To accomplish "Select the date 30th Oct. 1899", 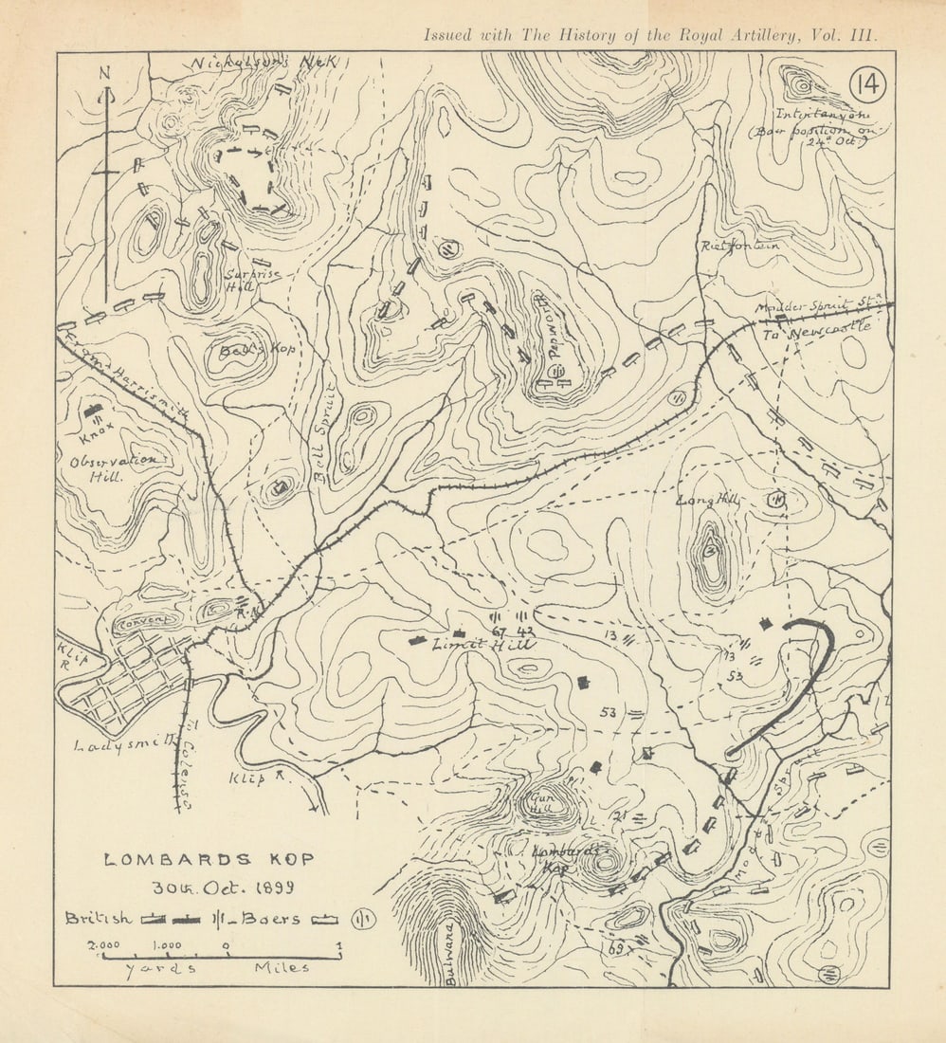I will coord(224,888).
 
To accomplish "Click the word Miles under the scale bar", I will coord(282,968).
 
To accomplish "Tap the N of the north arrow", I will coord(105,74).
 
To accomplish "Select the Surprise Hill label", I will coord(241,276).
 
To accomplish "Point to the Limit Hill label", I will coord(483,645).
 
